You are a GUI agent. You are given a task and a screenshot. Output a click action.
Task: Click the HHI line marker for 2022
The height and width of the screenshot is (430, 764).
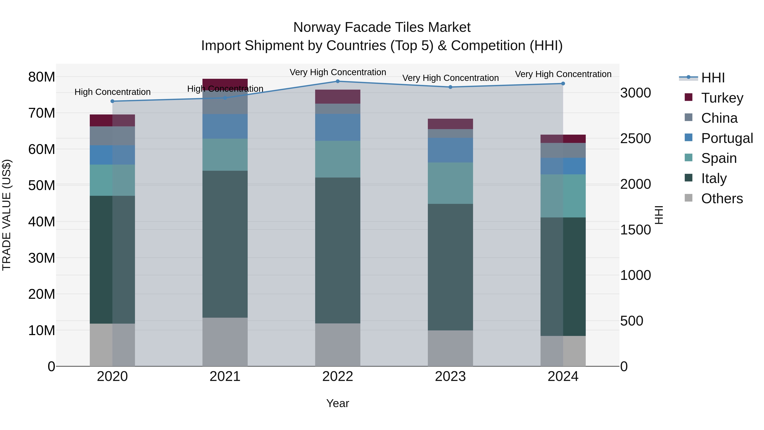[337, 81]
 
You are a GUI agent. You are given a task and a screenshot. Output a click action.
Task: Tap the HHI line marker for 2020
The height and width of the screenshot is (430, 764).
[112, 101]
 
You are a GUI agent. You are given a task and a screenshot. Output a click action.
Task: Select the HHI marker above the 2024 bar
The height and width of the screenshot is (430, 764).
[563, 84]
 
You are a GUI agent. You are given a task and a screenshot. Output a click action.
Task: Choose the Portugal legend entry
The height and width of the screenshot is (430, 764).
[727, 138]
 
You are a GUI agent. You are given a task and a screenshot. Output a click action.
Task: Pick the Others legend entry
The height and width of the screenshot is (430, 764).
[722, 199]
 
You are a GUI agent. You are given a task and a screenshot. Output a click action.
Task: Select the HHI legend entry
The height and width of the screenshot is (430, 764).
[713, 78]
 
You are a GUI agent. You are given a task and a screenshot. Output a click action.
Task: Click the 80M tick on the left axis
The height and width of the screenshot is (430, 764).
[42, 77]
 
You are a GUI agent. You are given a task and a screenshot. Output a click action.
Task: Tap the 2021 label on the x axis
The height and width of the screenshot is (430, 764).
[225, 376]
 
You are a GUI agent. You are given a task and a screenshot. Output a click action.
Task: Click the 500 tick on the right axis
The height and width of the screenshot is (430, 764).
[632, 321]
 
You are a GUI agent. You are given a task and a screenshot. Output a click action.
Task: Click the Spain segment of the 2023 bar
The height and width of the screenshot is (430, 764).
[450, 183]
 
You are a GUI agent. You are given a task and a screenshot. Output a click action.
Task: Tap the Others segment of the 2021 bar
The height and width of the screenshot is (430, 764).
[225, 342]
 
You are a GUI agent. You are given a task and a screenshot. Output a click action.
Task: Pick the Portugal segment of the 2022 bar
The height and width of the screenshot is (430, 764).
[337, 127]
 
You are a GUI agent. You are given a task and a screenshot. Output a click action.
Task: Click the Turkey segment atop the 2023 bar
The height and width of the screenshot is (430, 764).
[450, 124]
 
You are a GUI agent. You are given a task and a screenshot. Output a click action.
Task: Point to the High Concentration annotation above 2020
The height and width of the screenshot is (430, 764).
[112, 92]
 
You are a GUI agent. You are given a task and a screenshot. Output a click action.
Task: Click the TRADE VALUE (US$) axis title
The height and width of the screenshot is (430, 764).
[7, 215]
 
